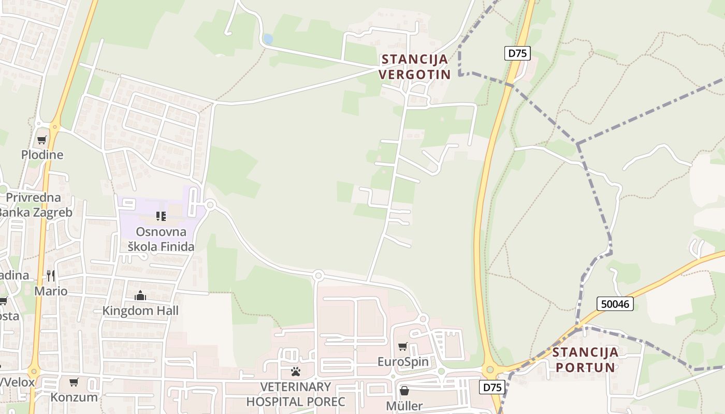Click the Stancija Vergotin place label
[x=414, y=67]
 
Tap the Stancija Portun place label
[x=585, y=360]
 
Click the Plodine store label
[x=42, y=155]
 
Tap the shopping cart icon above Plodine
[x=42, y=140]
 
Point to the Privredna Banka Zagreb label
[x=34, y=205]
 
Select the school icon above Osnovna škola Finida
[x=161, y=216]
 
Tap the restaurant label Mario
[x=51, y=291]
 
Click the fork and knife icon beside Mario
[x=51, y=275]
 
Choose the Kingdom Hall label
[x=140, y=310]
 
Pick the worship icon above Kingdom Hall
[x=140, y=295]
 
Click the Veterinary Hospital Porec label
[x=295, y=394]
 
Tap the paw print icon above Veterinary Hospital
[x=296, y=372]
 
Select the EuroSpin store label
[x=403, y=361]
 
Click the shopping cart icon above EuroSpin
[x=403, y=346]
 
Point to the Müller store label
[x=404, y=406]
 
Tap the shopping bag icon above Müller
[x=404, y=391]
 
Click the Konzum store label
[x=74, y=397]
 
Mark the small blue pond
[x=268, y=39]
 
